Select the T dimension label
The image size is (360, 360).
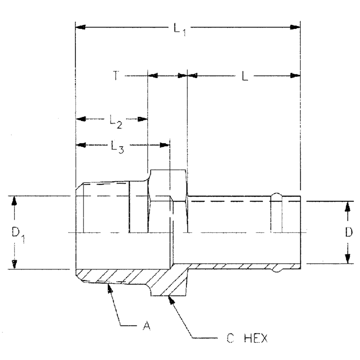coord(116,76)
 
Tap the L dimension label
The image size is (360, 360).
coord(245,76)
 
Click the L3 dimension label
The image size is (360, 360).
coord(117,147)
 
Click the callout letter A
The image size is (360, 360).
coord(147,326)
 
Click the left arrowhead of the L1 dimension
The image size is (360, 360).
coord(80,27)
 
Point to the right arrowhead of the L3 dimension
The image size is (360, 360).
coord(165,145)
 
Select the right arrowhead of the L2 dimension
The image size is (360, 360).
coord(143,119)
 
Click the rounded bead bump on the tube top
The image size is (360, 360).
coord(277,196)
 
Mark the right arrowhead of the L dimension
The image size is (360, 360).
coord(295,76)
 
